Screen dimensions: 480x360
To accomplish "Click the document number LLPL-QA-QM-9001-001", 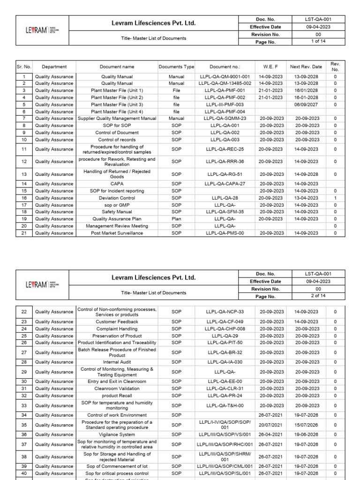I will (x=225, y=76).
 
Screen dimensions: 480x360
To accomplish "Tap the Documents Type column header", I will (x=176, y=67).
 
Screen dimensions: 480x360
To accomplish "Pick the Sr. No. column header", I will (x=23, y=67).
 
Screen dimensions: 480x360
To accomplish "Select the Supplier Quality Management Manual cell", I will (x=117, y=119).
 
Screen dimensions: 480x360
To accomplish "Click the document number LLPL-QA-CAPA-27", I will (x=225, y=184).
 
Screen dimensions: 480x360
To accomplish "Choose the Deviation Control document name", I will (x=117, y=198).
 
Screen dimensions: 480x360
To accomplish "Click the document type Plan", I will (x=176, y=218).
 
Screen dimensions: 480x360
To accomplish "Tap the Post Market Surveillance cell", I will (x=117, y=232).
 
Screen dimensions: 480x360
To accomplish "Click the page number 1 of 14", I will (x=319, y=42).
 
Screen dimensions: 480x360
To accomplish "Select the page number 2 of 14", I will (x=319, y=296).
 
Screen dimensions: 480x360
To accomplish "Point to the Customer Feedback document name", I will (x=117, y=322).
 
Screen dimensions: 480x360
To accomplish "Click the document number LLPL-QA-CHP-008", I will (x=225, y=329).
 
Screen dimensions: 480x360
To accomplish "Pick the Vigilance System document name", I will (x=117, y=434).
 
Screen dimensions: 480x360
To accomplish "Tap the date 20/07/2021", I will (x=271, y=425).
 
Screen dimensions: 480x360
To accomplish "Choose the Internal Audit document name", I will (x=117, y=362).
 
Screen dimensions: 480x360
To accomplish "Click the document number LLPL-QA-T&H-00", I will (x=225, y=405).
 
